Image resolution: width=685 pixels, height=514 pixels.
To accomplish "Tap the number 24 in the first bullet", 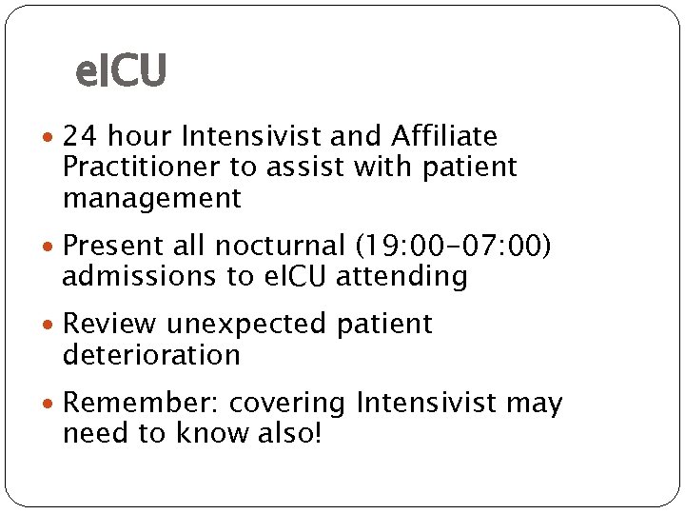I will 78,137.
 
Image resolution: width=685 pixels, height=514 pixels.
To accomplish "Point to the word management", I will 152,199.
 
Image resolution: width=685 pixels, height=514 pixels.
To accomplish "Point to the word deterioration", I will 151,355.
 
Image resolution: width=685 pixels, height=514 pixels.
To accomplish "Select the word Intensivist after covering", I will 427,403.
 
